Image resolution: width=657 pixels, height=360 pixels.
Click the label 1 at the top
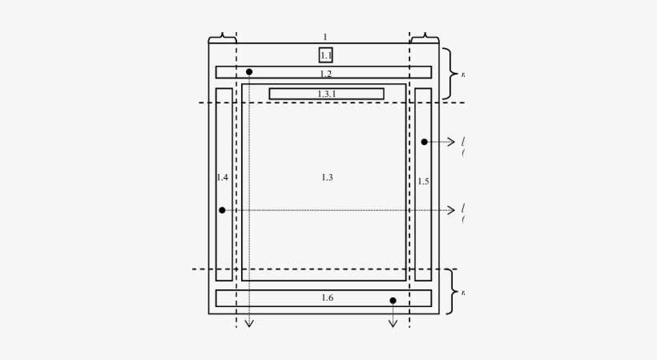pyautogui.click(x=324, y=37)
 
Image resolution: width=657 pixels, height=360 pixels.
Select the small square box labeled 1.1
pyautogui.click(x=325, y=55)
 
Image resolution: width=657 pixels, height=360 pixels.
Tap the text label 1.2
pyautogui.click(x=325, y=74)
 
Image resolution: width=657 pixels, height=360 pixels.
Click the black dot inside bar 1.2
pyautogui.click(x=249, y=72)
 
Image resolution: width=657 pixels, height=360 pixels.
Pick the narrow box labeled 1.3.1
pyautogui.click(x=326, y=94)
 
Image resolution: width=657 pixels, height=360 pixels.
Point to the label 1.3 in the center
pyautogui.click(x=327, y=177)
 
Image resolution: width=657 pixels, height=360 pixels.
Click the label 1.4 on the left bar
pyautogui.click(x=222, y=177)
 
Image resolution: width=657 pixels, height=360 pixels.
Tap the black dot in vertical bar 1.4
pyautogui.click(x=222, y=210)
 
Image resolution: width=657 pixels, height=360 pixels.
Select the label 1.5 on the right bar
pyautogui.click(x=423, y=181)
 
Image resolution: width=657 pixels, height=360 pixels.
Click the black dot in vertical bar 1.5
pyautogui.click(x=424, y=142)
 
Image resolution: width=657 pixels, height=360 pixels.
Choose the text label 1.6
pyautogui.click(x=327, y=298)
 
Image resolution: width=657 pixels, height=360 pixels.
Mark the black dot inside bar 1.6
pyautogui.click(x=393, y=301)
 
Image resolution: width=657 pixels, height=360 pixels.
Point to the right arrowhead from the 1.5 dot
pyautogui.click(x=452, y=142)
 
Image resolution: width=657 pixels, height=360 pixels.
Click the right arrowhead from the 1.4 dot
pyautogui.click(x=452, y=210)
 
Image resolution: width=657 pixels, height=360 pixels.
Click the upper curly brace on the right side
pyautogui.click(x=451, y=74)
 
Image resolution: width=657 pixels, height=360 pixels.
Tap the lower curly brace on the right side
pyautogui.click(x=451, y=292)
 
